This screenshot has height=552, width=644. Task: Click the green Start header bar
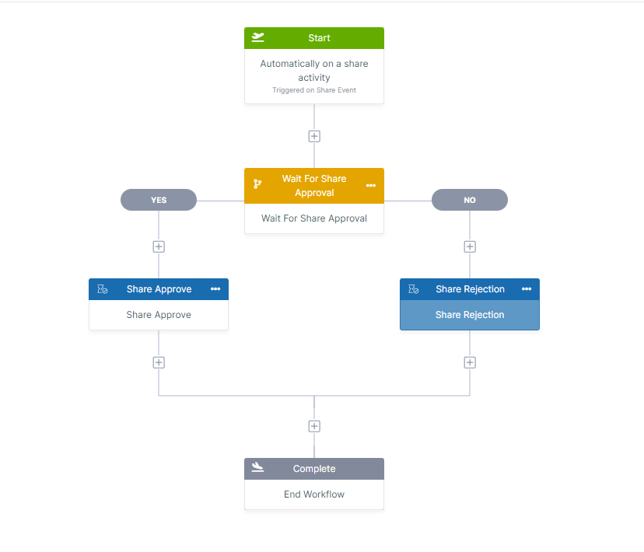(314, 38)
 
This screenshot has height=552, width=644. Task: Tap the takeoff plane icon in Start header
(258, 37)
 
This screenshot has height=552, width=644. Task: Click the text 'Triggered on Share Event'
(314, 90)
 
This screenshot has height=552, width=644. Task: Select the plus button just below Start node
(314, 136)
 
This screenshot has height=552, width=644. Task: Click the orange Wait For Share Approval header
(314, 185)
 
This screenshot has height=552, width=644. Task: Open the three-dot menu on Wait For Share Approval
(371, 185)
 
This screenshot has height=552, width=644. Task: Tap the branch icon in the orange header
(257, 185)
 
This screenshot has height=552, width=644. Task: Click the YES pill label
(159, 200)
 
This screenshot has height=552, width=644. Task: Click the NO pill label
(470, 200)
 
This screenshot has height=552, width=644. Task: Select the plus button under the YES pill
(159, 246)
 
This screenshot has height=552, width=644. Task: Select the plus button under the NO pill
(470, 246)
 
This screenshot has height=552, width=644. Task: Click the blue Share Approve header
(159, 289)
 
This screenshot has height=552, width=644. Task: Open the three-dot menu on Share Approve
(215, 289)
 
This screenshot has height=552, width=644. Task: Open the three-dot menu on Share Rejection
(527, 289)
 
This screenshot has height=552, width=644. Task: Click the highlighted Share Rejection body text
(470, 315)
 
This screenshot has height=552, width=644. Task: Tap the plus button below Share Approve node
(159, 362)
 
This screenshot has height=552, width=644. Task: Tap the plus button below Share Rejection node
(470, 362)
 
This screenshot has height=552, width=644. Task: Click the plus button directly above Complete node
(314, 426)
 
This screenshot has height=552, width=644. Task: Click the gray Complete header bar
(314, 469)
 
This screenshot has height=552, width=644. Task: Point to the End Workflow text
(314, 494)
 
